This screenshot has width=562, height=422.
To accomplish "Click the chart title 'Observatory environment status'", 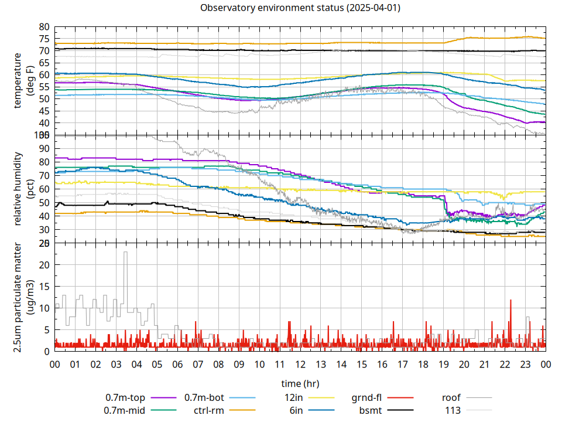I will (x=300, y=8).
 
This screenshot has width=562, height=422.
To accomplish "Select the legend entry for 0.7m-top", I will (x=129, y=398).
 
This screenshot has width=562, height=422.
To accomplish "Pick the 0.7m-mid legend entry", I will (x=128, y=410).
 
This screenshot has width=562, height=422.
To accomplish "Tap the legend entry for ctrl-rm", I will (x=208, y=410).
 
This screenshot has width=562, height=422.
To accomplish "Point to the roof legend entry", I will (x=451, y=398).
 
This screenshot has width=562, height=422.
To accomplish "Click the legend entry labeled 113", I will (x=453, y=410).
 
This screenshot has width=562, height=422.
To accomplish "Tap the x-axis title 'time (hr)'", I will (x=300, y=384).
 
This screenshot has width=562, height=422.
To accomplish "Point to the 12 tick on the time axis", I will (x=300, y=365).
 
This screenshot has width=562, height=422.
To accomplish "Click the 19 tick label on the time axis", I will (x=443, y=365).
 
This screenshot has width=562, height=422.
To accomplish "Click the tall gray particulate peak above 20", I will (x=125, y=253).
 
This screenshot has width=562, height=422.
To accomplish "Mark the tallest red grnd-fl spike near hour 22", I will (x=510, y=300).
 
